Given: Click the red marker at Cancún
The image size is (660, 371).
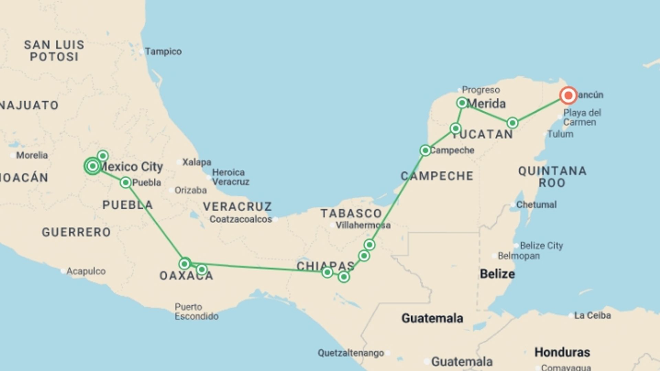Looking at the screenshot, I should click(568, 95).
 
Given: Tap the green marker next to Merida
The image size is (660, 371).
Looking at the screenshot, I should click(462, 103).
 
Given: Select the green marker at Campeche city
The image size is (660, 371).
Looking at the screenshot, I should click(425, 150).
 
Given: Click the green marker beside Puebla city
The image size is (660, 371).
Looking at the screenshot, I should click(126, 182).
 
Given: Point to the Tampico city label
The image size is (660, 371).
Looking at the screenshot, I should click(163, 52).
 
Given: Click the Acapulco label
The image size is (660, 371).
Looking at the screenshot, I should click(86, 271).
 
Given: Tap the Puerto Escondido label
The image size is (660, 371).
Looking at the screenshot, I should click(196, 312).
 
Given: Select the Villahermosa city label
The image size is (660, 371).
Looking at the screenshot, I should click(363, 225).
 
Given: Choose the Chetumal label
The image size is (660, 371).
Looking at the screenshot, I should click(536, 205).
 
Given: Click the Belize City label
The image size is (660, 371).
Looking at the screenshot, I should click(541, 246).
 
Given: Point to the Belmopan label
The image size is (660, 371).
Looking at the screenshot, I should click(519, 256).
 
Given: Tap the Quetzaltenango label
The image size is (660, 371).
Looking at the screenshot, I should click(351, 353).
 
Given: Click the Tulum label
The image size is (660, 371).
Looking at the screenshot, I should click(560, 134).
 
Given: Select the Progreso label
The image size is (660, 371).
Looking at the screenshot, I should click(481, 90).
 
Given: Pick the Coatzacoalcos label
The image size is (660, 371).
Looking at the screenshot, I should click(241, 219).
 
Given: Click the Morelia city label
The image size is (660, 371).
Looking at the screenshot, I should click(32, 155).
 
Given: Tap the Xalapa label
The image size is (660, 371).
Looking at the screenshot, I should click(197, 162).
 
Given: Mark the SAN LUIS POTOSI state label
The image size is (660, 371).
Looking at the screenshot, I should click(54, 50).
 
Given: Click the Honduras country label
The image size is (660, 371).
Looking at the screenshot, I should click(562, 352).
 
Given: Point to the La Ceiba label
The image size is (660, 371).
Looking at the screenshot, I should click(592, 315).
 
